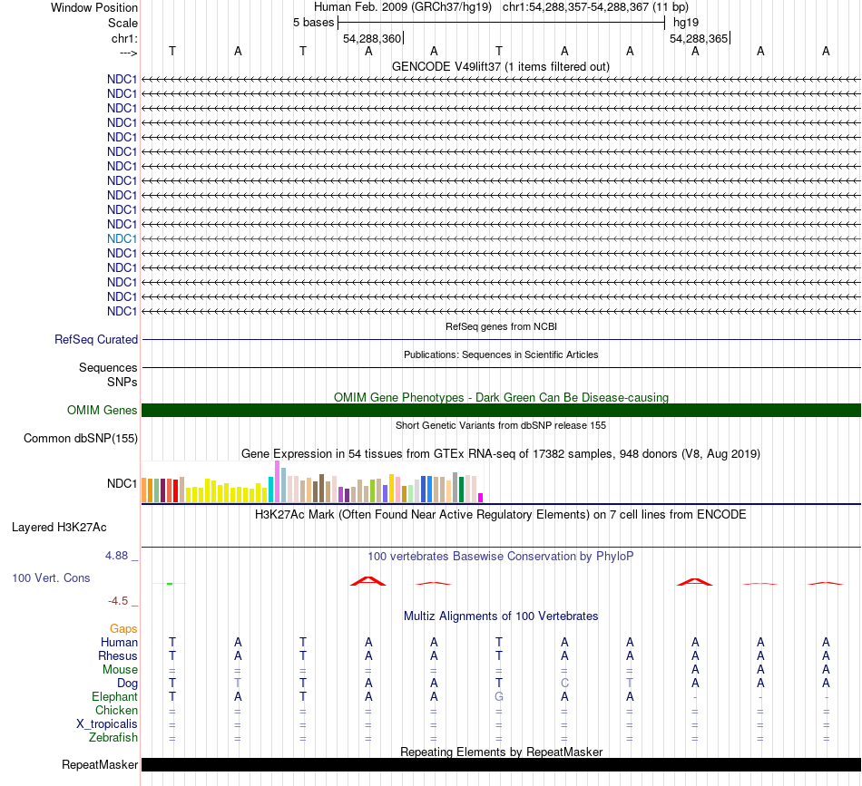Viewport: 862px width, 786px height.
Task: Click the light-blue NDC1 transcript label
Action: pos(122,238)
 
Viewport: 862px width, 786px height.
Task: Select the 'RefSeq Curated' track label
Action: pos(96,340)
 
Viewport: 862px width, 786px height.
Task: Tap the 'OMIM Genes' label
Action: pos(103,411)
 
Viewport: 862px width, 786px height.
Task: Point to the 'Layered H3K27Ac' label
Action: pos(72,527)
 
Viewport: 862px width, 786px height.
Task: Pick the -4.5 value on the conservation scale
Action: pos(120,600)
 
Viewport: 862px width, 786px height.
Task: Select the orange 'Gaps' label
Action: pos(123,628)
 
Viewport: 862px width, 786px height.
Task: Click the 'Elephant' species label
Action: pos(114,697)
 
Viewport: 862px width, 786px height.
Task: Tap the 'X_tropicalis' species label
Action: pos(107,724)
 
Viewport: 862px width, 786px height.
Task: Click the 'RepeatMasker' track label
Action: pos(100,765)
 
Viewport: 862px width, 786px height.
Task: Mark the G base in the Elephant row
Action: pos(499,697)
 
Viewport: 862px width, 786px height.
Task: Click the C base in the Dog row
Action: pos(564,683)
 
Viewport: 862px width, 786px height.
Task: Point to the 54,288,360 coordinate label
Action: pos(372,39)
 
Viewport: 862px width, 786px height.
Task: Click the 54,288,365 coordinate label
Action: pos(699,39)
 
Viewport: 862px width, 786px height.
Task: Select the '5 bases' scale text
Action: pos(313,22)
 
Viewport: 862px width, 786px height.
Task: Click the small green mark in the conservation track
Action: pos(170,584)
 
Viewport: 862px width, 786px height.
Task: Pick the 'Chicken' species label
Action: pos(116,711)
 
